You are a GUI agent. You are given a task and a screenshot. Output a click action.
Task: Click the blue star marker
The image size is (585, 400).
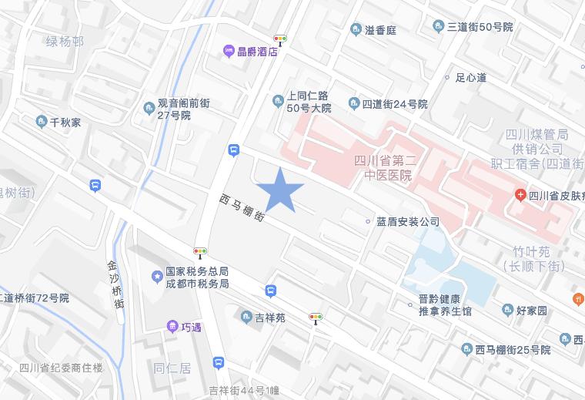pos(279,189)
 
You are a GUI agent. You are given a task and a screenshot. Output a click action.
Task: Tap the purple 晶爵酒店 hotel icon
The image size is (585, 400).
pos(229,52)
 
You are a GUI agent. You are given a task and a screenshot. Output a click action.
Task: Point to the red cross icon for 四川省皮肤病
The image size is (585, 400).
pos(520,194)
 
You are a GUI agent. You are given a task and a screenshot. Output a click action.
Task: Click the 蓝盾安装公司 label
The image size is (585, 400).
pos(408,222)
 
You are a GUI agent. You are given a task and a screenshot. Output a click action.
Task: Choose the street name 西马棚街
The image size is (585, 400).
pos(242,207)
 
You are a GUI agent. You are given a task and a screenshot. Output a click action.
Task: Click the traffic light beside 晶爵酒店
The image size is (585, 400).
pos(279,39)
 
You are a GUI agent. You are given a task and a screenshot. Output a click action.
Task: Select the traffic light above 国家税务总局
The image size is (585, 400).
pos(200,251)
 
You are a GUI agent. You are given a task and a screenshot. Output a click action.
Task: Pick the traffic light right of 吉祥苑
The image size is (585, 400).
pos(315,317)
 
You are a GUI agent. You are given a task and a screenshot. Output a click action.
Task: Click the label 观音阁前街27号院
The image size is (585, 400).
pos(183,109)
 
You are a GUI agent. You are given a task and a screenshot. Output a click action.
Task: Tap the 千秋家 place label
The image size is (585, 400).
pos(65,122)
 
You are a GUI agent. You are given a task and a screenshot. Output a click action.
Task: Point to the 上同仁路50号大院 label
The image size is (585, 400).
pos(308,103)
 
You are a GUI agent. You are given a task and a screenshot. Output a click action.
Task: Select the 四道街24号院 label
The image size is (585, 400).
pos(395,104)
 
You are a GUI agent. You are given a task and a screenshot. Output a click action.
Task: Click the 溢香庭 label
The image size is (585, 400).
pos(380,30)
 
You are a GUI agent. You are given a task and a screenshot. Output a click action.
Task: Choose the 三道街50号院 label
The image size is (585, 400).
pos(480,27)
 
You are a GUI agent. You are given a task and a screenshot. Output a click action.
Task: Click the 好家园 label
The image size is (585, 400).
pos(531,311)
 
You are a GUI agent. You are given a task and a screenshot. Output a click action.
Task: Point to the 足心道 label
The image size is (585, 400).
pos(470,77)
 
